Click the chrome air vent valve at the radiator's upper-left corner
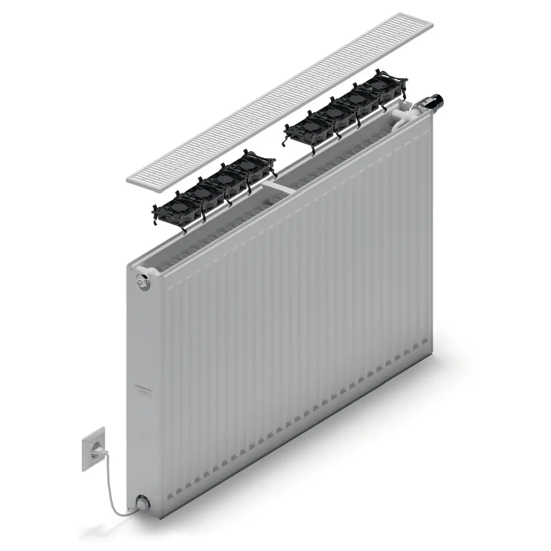[x=143, y=280]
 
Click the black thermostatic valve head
[x=433, y=102]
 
